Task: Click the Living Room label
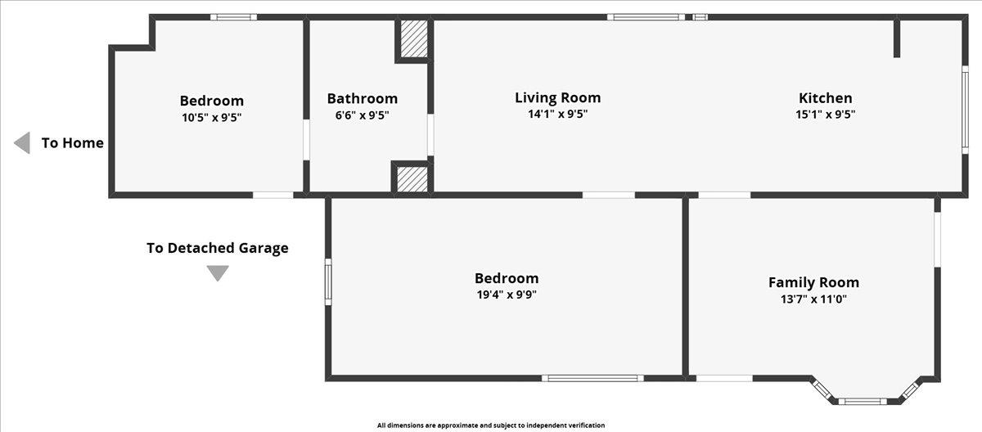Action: click(557, 97)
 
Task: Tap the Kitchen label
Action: click(826, 97)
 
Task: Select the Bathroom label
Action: click(362, 98)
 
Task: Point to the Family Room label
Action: click(813, 282)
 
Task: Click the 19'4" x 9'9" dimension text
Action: click(507, 295)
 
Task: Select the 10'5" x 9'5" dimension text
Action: click(212, 118)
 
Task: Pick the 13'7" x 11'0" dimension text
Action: click(813, 299)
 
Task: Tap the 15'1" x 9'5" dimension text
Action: click(826, 115)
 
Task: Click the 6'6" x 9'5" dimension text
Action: click(362, 115)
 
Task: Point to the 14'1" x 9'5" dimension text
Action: click(557, 114)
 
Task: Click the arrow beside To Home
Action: click(22, 143)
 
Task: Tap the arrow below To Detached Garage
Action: click(218, 273)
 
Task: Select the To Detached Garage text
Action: click(218, 248)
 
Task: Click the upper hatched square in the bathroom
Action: click(414, 38)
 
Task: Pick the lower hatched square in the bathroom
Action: click(412, 178)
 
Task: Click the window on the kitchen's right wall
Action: click(965, 110)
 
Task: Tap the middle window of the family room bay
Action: click(863, 402)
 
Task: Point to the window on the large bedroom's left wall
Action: click(328, 281)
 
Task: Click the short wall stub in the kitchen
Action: click(897, 38)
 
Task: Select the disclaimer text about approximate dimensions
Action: click(491, 425)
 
